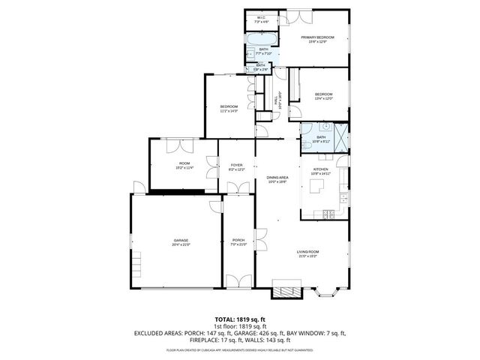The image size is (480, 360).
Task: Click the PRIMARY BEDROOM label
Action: click(x=317, y=37)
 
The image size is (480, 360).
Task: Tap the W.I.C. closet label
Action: click(x=261, y=18)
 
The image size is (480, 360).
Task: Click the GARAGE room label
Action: click(x=181, y=240)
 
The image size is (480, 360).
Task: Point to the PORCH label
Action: click(x=238, y=240)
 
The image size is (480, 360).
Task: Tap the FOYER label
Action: click(x=236, y=164)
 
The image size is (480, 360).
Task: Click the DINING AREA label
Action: click(x=277, y=177)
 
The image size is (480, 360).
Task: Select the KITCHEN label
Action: click(x=320, y=169)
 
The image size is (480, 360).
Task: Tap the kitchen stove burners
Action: click(x=328, y=215)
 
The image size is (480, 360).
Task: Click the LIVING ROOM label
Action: click(x=307, y=252)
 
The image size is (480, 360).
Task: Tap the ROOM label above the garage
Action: click(x=184, y=163)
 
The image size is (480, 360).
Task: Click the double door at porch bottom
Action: click(x=238, y=281)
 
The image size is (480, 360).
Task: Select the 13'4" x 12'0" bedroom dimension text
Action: click(x=323, y=98)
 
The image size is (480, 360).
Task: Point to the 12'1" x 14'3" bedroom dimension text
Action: click(x=229, y=111)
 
